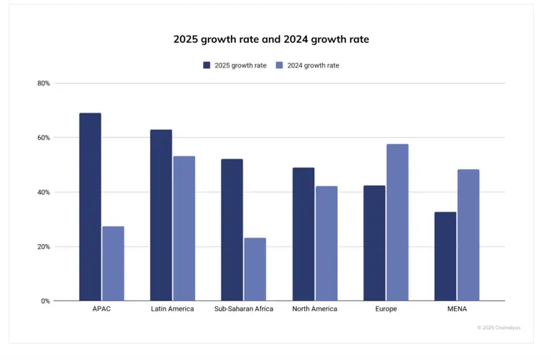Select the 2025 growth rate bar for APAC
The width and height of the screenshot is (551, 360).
click(x=90, y=207)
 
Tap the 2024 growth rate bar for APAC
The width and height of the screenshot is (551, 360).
click(x=113, y=264)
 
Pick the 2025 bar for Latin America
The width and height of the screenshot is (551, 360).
click(x=161, y=215)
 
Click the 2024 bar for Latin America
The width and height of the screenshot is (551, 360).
click(x=184, y=229)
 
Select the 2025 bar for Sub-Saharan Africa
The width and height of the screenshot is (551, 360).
click(x=232, y=230)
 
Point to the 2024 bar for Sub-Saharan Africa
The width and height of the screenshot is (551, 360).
click(x=255, y=270)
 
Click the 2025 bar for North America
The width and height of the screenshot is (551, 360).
click(x=303, y=235)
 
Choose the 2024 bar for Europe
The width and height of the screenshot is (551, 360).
click(x=397, y=222)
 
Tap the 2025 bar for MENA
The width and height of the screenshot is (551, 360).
click(x=445, y=257)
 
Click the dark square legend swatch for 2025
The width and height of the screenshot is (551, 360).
click(x=207, y=65)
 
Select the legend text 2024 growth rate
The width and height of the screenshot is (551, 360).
click(x=313, y=65)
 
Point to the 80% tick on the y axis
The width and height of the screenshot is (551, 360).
click(x=43, y=83)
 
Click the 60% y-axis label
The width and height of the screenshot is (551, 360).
click(x=43, y=138)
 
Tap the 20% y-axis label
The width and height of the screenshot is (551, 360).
click(x=43, y=247)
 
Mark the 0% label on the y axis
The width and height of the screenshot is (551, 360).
click(x=45, y=301)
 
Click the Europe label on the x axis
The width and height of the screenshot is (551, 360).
click(x=385, y=309)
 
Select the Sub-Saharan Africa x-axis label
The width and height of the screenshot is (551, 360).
click(x=243, y=309)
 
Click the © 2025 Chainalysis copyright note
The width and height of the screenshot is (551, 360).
click(x=499, y=328)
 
